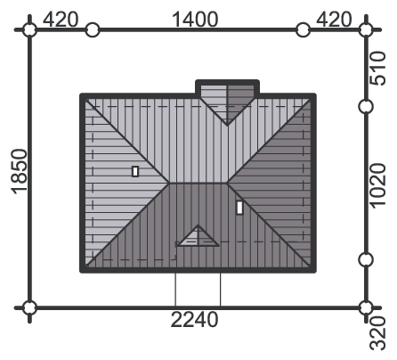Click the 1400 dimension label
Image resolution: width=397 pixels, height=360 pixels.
pos(195,20)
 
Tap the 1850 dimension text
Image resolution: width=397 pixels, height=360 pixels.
pos(20,172)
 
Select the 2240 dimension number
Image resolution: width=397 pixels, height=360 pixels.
pos(195,320)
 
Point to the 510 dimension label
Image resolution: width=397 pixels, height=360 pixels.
pos(377,69)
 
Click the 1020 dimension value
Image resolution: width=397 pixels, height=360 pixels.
pos(377,186)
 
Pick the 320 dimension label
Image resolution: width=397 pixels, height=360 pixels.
pos(377,333)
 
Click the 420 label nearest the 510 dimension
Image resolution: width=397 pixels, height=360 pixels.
pos(334,20)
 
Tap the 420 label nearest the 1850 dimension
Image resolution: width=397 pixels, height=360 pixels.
pos(61,20)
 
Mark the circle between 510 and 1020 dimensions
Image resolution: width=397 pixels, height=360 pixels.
pos(366,107)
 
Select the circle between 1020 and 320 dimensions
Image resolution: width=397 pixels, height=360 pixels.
pos(366,259)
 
